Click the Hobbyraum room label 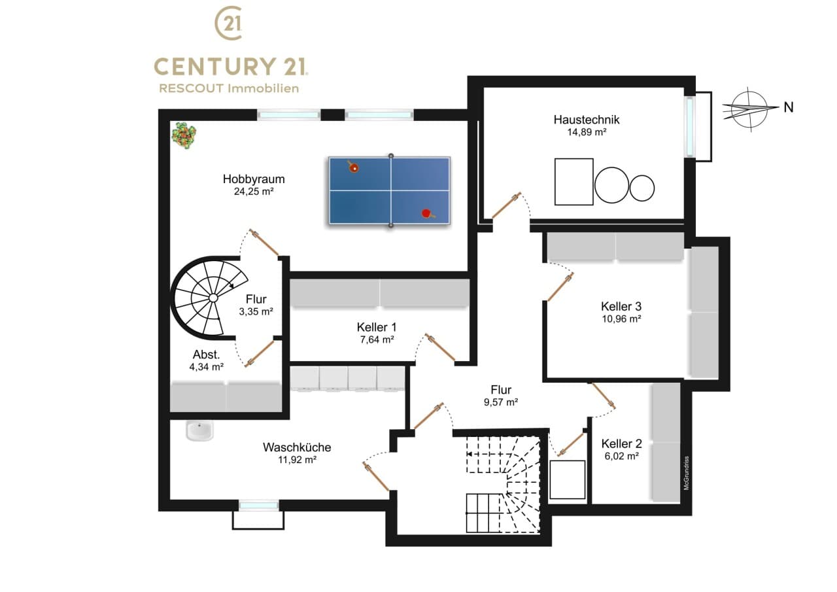coord(254,179)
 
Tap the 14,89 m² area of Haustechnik coord(587,132)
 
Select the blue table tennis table coord(389,190)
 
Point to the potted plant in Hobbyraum coord(184,135)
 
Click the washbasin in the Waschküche coord(200,430)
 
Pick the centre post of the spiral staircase coord(213,298)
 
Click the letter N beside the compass coord(789,108)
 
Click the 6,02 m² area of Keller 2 coord(621,457)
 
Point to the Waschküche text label coord(297,447)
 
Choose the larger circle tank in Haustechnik coord(611,185)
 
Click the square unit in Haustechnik coord(574,182)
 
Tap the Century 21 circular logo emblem coord(229,23)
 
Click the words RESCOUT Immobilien coord(229,88)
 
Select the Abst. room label coord(206,355)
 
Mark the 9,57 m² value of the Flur coord(501,402)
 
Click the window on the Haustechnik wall coord(690,126)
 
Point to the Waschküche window coord(258,505)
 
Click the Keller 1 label coord(376,327)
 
